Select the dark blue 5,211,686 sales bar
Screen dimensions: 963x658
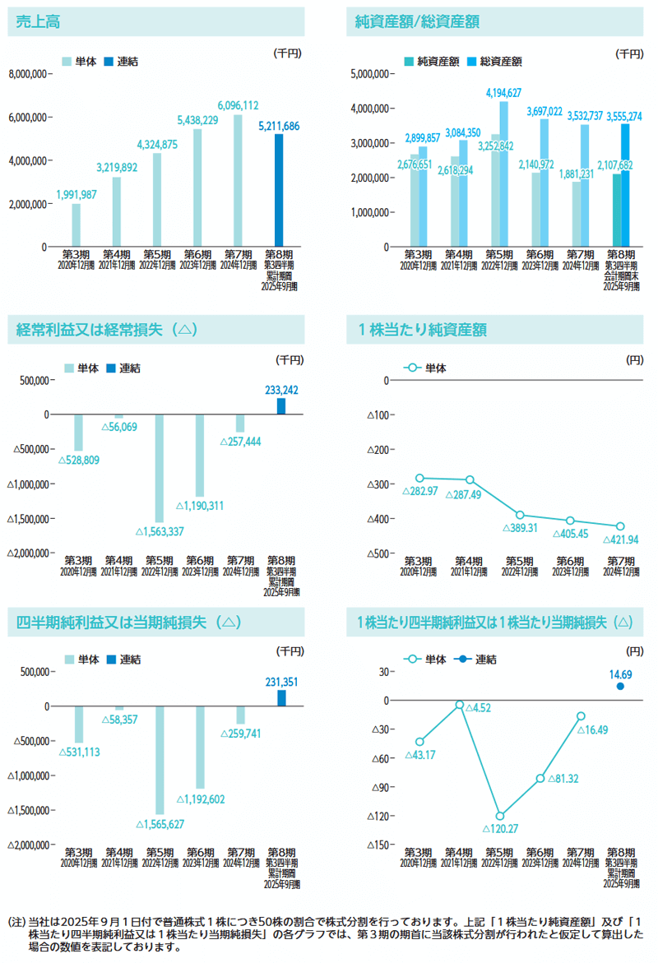click(x=278, y=190)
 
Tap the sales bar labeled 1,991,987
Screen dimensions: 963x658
click(x=76, y=225)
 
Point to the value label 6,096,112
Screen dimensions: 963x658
click(x=239, y=105)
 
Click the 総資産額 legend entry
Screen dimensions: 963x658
click(x=501, y=61)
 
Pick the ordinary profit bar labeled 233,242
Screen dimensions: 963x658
click(x=281, y=405)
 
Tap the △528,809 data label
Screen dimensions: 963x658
click(x=79, y=460)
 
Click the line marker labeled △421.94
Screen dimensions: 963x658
click(x=620, y=526)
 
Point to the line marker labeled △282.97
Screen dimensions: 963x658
click(x=419, y=478)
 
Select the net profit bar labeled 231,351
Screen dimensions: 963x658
click(x=281, y=697)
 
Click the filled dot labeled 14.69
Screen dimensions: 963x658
click(x=621, y=686)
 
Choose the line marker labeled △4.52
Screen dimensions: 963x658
click(x=460, y=705)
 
